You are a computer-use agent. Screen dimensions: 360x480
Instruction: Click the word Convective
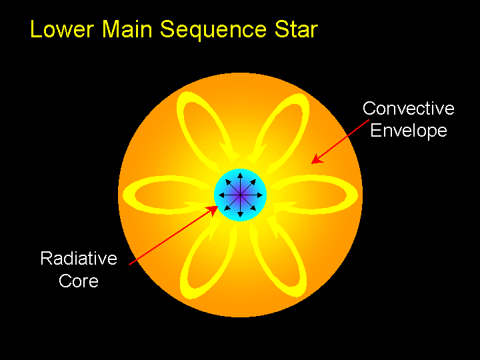(x=408, y=108)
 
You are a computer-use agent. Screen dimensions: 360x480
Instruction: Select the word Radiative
(x=79, y=259)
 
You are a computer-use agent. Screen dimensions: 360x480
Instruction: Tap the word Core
(x=79, y=281)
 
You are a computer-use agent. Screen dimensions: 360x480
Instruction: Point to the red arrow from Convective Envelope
(x=340, y=141)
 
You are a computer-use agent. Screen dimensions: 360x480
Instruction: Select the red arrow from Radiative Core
(x=173, y=235)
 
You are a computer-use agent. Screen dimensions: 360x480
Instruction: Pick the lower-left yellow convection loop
(x=200, y=263)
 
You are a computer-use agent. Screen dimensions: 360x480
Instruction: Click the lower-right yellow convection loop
(x=280, y=263)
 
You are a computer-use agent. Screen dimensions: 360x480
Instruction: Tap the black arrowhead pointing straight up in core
(x=240, y=174)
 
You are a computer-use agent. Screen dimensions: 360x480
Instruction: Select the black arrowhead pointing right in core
(x=260, y=194)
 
